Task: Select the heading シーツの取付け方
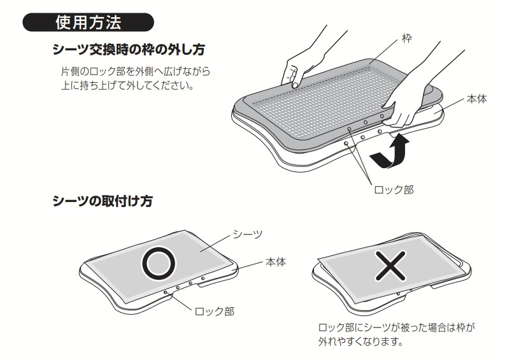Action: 102,201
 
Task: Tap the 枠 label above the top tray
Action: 406,39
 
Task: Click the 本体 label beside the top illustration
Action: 476,99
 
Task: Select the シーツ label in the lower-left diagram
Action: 248,234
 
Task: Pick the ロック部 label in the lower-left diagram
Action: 213,311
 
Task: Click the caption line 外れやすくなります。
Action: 359,342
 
